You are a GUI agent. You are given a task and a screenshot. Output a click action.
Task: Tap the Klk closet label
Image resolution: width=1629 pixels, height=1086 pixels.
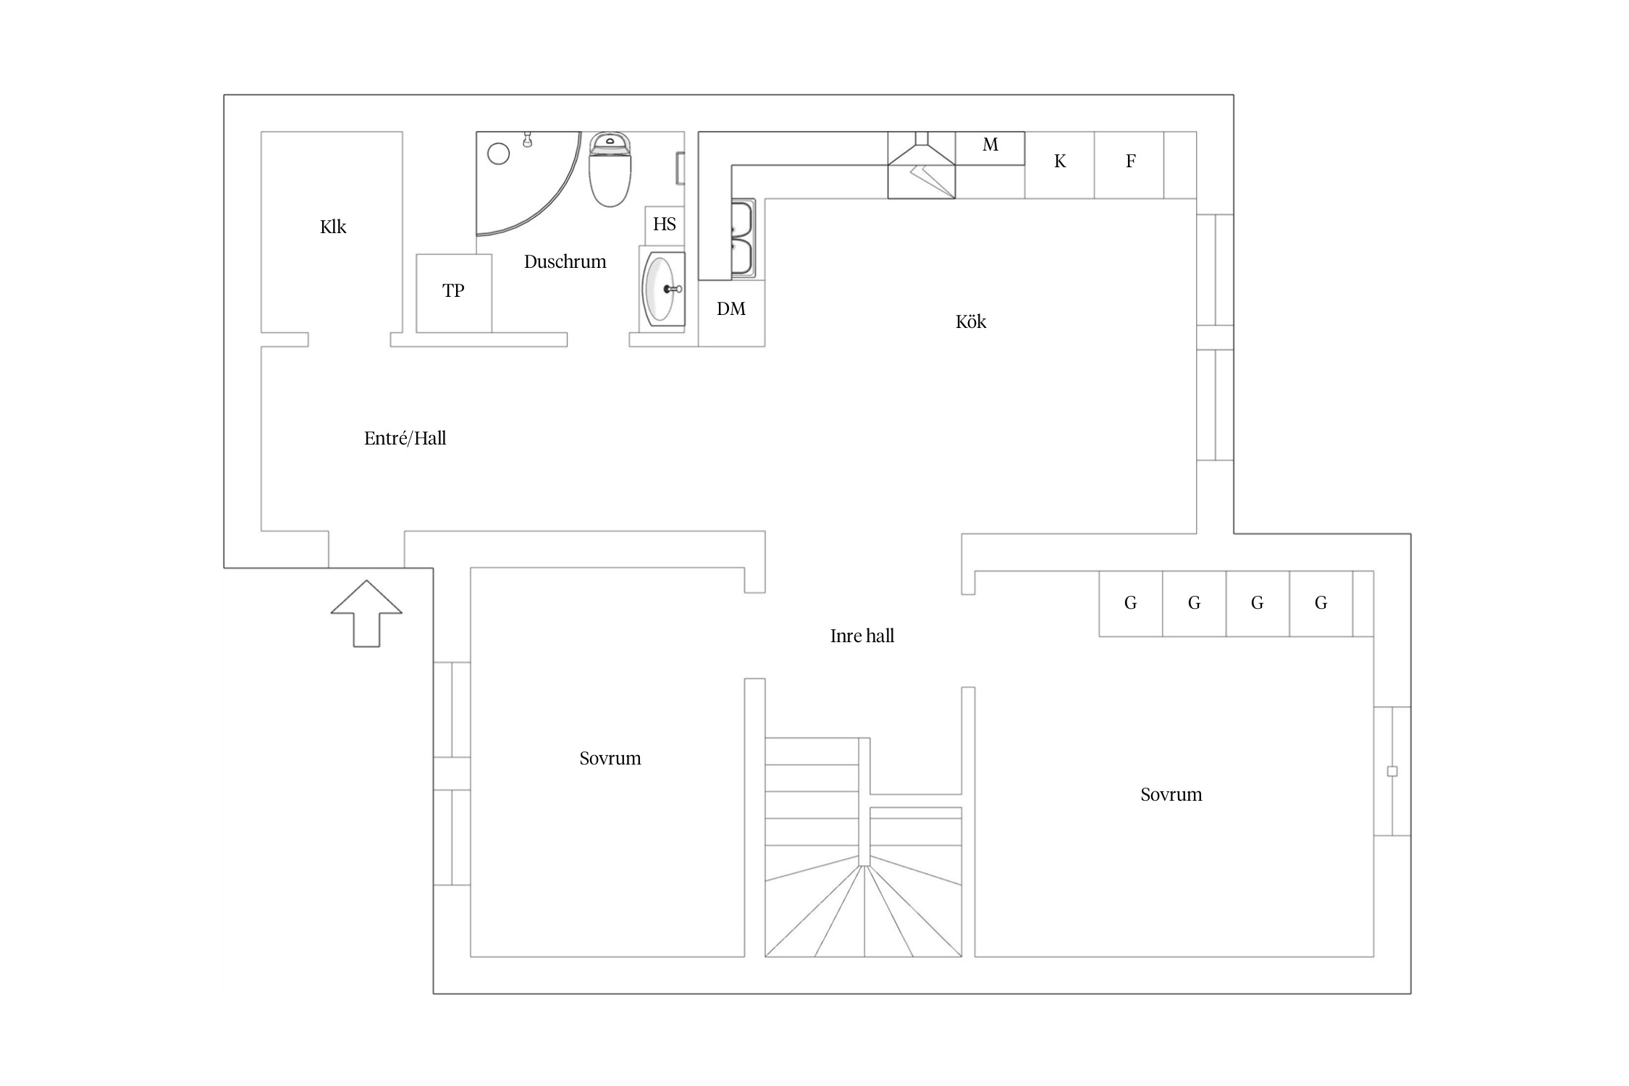[333, 227]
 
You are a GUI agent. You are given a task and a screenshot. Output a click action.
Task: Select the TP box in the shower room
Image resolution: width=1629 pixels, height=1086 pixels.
[454, 293]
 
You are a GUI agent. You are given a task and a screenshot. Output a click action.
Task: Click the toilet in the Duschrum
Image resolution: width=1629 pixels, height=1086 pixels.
[610, 169]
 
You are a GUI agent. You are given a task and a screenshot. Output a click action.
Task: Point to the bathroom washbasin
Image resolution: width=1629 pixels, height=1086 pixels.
[662, 289]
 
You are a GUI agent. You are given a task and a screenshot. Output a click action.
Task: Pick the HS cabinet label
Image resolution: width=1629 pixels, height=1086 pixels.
[665, 224]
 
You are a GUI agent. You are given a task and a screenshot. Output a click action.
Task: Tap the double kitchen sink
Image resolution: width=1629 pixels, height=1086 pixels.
[743, 238]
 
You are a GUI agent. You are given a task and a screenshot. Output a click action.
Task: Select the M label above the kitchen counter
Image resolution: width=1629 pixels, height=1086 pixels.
[990, 145]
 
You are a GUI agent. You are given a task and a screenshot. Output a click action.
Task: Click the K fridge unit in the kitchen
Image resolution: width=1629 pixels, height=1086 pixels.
[1060, 165]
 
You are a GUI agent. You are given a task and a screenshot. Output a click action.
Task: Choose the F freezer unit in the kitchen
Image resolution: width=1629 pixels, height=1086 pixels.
[1129, 165]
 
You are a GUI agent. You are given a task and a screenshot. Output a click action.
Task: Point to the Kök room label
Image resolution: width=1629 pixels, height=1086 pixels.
[971, 321]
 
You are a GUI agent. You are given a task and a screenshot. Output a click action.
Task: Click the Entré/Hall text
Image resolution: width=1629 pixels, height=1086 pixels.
[405, 438]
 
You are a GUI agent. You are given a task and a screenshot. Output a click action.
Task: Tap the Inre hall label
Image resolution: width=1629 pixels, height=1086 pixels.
[862, 636]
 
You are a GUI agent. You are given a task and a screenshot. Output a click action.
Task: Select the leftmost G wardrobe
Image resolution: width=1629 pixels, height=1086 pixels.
[1131, 604]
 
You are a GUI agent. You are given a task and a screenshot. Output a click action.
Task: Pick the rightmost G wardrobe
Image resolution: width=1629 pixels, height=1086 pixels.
[1321, 604]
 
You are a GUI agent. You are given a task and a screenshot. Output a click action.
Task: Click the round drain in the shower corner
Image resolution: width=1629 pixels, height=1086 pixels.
[499, 153]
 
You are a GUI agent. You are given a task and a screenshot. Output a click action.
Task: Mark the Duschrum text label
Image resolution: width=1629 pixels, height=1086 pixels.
[565, 261]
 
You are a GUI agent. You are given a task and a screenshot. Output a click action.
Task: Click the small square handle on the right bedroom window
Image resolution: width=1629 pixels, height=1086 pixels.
[1392, 771]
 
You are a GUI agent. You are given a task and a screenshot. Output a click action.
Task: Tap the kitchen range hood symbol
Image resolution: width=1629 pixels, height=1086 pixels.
[922, 165]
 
